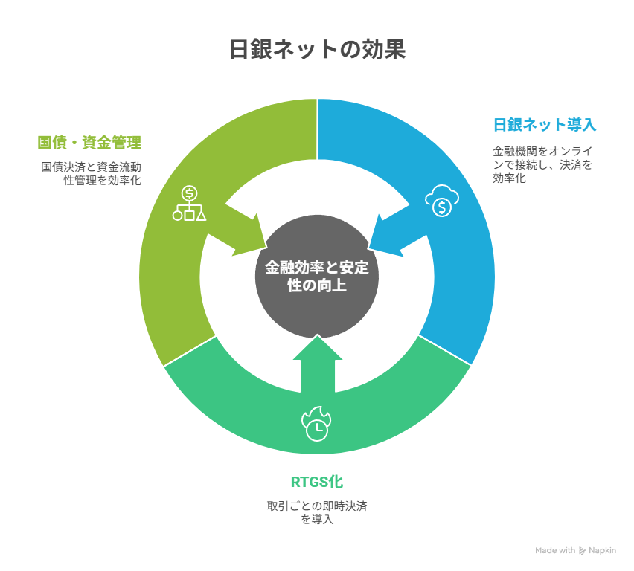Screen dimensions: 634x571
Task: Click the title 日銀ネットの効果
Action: (318, 49)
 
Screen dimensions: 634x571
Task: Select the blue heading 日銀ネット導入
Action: (545, 124)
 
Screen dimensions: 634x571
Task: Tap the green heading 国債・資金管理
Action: (89, 143)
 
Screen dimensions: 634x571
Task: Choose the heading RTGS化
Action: (317, 482)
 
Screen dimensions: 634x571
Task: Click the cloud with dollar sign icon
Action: (442, 201)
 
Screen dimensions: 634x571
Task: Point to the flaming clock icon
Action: (316, 424)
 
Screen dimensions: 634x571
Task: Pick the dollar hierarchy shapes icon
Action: (189, 203)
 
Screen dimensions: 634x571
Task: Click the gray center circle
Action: (317, 277)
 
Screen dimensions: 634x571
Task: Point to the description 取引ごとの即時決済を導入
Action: (317, 512)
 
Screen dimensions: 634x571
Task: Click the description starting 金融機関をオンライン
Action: (542, 164)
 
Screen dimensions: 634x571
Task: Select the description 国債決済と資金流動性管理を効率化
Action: (91, 173)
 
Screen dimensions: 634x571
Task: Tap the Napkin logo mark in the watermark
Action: (582, 551)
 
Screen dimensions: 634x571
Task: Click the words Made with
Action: (555, 550)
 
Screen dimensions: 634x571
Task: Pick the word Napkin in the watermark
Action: (603, 550)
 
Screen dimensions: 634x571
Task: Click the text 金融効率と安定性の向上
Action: (317, 277)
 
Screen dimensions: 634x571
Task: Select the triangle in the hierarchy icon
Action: (201, 216)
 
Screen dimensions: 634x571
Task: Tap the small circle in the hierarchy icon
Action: (177, 216)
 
